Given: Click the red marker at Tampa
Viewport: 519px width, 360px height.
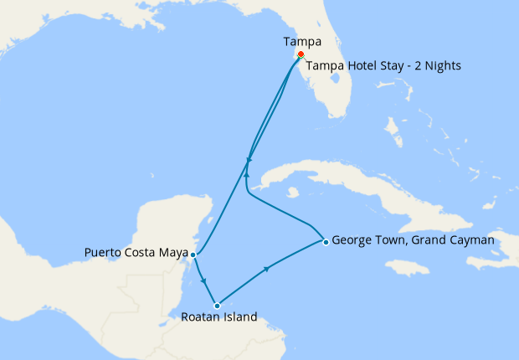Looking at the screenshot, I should pyautogui.click(x=301, y=54).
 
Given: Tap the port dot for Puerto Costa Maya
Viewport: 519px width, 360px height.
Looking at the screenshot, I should pyautogui.click(x=193, y=254).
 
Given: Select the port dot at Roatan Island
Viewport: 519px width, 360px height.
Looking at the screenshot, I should pyautogui.click(x=217, y=306).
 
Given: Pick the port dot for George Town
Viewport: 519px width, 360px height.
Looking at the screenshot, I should pyautogui.click(x=325, y=242).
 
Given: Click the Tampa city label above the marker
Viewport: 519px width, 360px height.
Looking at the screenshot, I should pyautogui.click(x=301, y=41).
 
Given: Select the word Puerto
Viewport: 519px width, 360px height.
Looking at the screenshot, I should pyautogui.click(x=105, y=252).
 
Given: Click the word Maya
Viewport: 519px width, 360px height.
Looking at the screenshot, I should pyautogui.click(x=172, y=252).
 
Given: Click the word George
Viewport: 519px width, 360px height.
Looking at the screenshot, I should pyautogui.click(x=352, y=240).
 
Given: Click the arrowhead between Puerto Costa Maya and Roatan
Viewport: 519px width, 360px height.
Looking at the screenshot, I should pyautogui.click(x=204, y=280).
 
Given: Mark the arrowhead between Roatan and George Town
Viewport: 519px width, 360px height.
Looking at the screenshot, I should pyautogui.click(x=267, y=269).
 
